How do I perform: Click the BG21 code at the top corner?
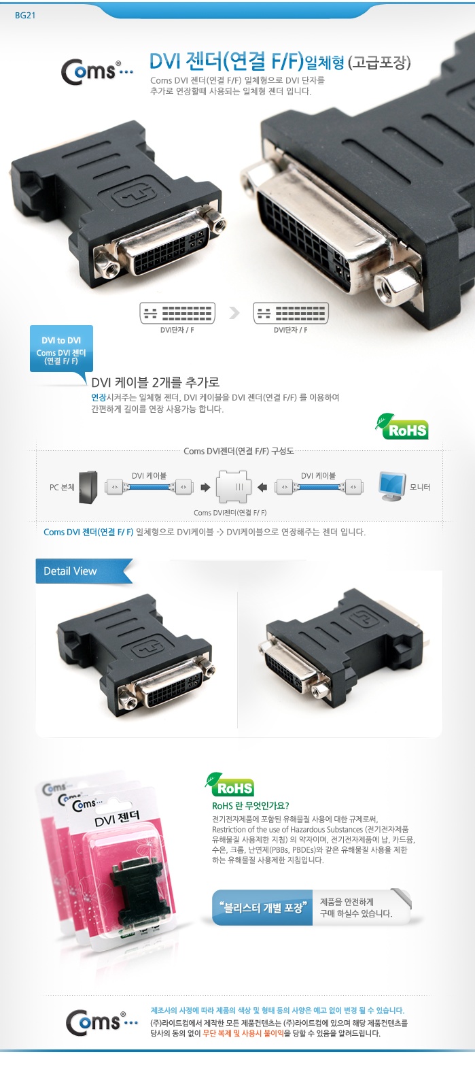[25, 15]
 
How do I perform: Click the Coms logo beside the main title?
[96, 72]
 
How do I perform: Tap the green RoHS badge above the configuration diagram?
[402, 426]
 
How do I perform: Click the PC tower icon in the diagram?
[88, 487]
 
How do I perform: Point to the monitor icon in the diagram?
[391, 486]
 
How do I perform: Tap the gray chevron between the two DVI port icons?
[234, 313]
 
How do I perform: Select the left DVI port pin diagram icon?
[177, 313]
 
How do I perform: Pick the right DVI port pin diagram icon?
[291, 313]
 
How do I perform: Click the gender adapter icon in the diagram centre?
[234, 487]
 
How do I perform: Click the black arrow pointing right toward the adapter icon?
[205, 488]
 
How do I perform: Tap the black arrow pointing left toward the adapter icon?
[262, 488]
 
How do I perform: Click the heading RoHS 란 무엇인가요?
[251, 806]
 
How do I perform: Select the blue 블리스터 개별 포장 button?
[262, 908]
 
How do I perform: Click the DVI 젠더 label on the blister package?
[118, 818]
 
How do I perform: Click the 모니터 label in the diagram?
[420, 487]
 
